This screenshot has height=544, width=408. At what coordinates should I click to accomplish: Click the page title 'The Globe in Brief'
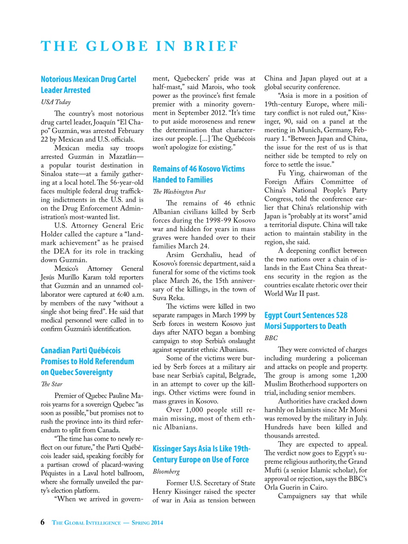coord(139,46)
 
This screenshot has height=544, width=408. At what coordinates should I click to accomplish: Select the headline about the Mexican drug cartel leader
coord(88,85)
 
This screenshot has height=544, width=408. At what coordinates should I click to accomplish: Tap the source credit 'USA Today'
coord(56,102)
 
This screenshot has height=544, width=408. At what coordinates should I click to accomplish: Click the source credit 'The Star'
coord(51,384)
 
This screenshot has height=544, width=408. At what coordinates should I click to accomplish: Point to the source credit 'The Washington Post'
coord(179,192)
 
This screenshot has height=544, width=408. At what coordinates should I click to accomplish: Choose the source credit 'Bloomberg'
coord(166,471)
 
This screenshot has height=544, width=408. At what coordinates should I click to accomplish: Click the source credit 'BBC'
coord(271,338)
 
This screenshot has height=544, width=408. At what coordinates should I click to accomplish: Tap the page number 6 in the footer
coord(42,522)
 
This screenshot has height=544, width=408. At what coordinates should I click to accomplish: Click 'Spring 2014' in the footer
coord(147,523)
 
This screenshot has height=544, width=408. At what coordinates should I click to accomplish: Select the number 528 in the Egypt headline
coord(341,315)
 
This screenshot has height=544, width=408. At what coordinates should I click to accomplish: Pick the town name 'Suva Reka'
coord(168,298)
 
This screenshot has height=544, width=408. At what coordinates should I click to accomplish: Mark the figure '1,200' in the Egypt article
coord(359,375)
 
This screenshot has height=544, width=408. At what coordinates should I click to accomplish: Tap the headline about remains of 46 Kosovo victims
coord(198,174)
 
